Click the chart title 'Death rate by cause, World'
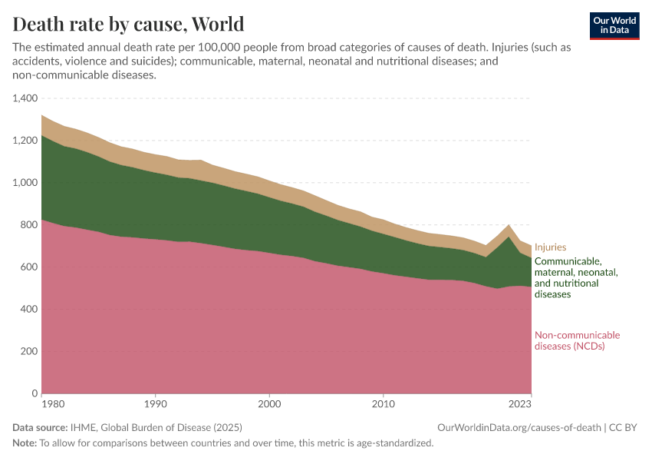[129, 24]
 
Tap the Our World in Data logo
[614, 25]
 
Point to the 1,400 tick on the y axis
[25, 98]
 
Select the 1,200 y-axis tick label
[25, 141]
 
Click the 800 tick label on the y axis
[29, 225]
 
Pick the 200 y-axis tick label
[29, 351]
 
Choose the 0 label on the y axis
[35, 393]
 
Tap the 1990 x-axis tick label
[156, 403]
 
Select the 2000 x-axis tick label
[269, 403]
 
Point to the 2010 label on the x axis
[383, 403]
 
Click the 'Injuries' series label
[550, 247]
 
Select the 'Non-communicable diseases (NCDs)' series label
[577, 340]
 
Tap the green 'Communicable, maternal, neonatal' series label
[575, 277]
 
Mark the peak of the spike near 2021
[508, 225]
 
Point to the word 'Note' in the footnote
[24, 443]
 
